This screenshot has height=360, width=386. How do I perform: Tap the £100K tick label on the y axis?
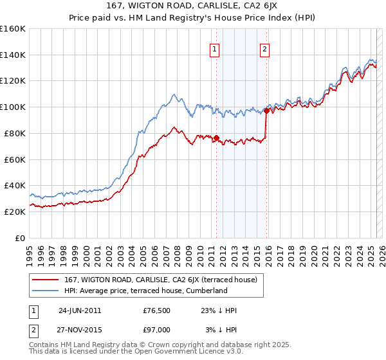click(x=13, y=107)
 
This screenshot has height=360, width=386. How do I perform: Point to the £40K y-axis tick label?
click(x=14, y=185)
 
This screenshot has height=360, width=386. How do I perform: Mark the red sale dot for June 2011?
click(x=217, y=137)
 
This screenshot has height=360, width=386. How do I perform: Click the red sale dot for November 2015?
click(x=267, y=111)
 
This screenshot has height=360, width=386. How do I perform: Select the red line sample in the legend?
click(x=46, y=280)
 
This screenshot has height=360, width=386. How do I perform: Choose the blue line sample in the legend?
click(x=46, y=291)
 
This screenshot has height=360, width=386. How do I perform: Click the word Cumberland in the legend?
click(x=206, y=291)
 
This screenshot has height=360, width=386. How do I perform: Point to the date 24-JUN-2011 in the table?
click(x=80, y=310)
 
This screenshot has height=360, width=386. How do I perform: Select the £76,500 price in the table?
click(x=157, y=310)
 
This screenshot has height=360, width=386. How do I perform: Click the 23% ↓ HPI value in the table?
click(x=219, y=310)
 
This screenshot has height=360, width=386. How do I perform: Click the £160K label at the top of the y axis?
click(x=13, y=29)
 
